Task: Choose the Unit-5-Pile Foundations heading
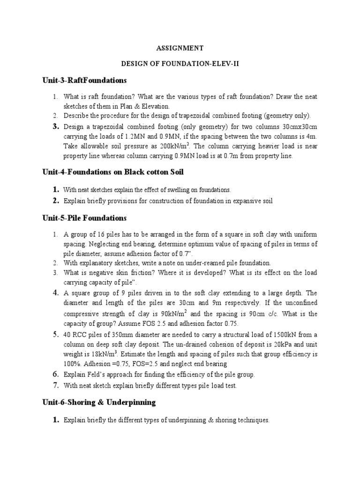pos(84,218)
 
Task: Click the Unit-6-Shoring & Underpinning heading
pos(99,403)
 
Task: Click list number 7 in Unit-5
pos(56,386)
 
